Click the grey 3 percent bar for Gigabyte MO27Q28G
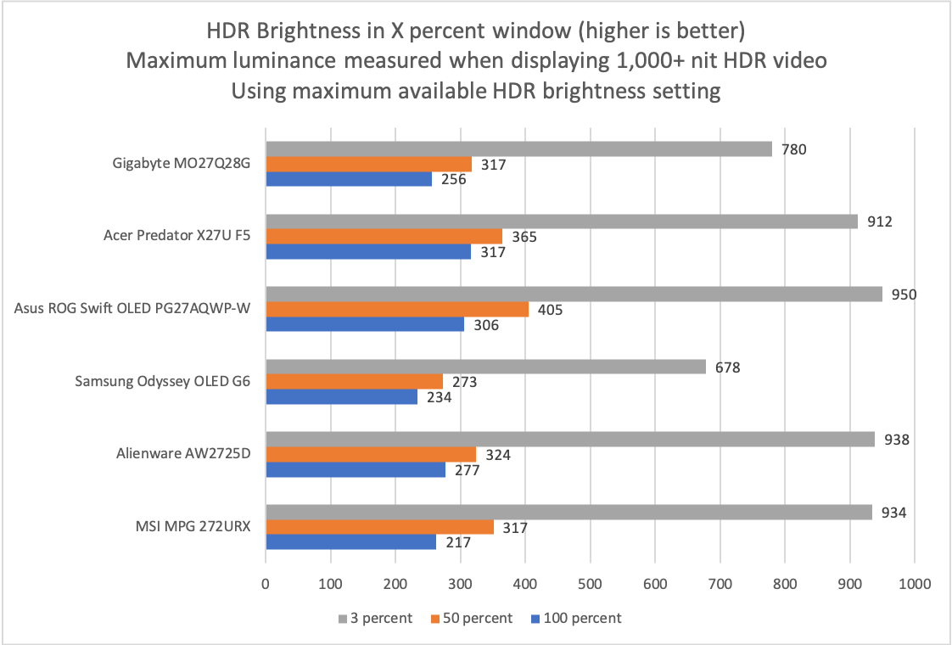518,149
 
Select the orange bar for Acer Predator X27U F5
384,237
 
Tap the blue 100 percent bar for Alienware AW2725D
356,469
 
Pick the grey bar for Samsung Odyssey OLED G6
485,367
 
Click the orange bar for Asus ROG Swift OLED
397,309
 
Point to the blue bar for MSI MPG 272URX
350,542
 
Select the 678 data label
728,367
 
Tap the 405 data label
551,310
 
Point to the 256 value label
454,179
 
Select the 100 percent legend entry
583,618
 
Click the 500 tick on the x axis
590,584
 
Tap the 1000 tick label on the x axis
914,584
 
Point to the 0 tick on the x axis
266,584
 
